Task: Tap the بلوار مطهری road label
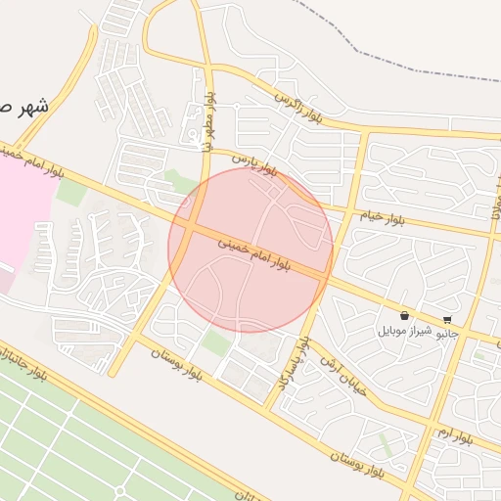[x=207, y=122]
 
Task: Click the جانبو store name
[x=446, y=333]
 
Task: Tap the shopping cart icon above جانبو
[x=447, y=319]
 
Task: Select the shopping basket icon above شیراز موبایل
[x=405, y=316]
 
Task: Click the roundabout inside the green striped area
[x=118, y=491]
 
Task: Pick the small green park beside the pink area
[x=70, y=191]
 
